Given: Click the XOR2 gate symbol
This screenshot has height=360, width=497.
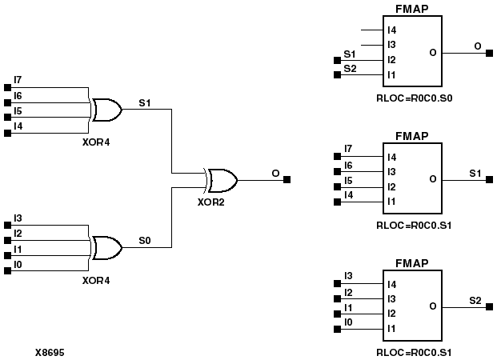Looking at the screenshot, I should (221, 180).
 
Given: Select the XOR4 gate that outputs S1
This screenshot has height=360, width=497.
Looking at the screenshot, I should (107, 110).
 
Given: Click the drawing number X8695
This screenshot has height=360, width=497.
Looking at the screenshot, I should (50, 351).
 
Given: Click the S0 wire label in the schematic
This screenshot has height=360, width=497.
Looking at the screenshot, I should (144, 239).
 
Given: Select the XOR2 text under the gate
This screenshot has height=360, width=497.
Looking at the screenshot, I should (210, 202).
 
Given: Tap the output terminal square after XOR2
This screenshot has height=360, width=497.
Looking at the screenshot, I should (287, 180).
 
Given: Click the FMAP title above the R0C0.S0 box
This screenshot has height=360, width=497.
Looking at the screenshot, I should (411, 9).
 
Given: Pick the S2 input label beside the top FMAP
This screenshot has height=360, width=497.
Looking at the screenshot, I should (350, 69).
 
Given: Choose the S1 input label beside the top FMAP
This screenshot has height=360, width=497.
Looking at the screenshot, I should (350, 54).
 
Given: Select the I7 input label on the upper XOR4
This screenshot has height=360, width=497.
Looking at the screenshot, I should (18, 80).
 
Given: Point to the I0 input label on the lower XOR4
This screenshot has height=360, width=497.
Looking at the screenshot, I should (18, 265).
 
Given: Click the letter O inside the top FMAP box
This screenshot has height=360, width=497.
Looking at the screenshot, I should (432, 53).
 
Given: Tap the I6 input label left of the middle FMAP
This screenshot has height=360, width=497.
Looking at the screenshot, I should (347, 164).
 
